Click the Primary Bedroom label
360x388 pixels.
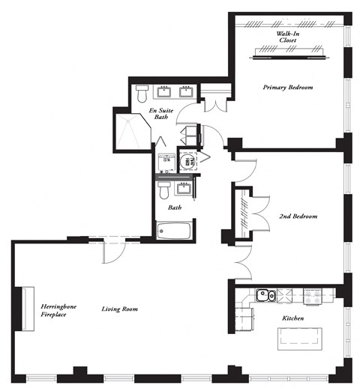tap(287, 88)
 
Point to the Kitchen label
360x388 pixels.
tap(293, 318)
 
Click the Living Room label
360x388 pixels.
tap(119, 309)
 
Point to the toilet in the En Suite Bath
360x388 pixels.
tap(142, 94)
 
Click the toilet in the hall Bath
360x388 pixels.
tap(163, 189)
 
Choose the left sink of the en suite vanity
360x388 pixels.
tap(163, 93)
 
